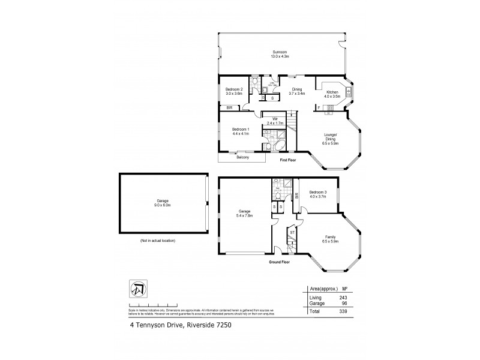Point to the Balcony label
(242, 157)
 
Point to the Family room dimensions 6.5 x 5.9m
(331, 242)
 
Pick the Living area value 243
(343, 296)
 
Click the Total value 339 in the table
(343, 312)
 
